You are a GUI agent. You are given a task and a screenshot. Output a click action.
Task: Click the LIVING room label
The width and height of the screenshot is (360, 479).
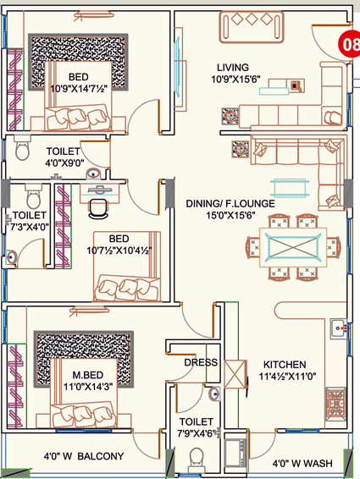click(x=233, y=67)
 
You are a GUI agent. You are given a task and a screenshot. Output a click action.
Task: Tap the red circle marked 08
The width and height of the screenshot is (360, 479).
click(x=350, y=44)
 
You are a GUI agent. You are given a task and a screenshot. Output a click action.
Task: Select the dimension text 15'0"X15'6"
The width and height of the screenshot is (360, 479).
click(x=230, y=215)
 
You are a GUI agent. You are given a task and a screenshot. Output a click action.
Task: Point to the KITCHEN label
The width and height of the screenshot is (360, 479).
click(x=285, y=365)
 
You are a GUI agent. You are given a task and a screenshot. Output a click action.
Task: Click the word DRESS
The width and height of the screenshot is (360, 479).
click(x=201, y=362)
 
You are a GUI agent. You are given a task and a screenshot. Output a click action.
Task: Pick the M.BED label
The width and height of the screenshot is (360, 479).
click(x=88, y=375)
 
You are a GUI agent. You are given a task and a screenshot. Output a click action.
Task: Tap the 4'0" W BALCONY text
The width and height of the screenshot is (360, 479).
click(x=84, y=456)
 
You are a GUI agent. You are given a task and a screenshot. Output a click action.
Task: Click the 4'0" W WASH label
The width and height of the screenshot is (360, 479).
click(x=302, y=464)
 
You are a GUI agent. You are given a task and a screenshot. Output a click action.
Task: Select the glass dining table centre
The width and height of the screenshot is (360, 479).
click(x=293, y=247)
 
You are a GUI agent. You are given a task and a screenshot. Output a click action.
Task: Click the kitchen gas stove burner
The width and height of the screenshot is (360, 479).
click(x=335, y=404)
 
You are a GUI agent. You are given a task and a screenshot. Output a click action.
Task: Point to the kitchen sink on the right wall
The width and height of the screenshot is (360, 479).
click(x=339, y=328)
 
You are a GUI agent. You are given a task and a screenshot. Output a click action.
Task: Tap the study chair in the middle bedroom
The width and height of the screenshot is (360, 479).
click(x=98, y=209)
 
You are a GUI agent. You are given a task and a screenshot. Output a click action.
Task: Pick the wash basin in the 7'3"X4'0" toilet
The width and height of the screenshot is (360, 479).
click(x=12, y=257)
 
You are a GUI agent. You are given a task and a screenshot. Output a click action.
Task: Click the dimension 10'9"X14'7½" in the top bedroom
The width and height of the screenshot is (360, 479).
click(x=79, y=89)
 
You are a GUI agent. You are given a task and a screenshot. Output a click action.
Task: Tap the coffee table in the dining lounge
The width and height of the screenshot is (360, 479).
click(x=290, y=188)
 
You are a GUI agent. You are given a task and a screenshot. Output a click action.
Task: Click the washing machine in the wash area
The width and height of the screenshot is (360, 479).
click(x=235, y=453)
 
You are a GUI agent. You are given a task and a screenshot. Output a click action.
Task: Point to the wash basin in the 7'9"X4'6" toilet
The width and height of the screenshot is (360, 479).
click(x=215, y=394)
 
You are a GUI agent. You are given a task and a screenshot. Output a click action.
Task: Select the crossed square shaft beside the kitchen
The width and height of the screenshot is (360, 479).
click(x=235, y=374)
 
